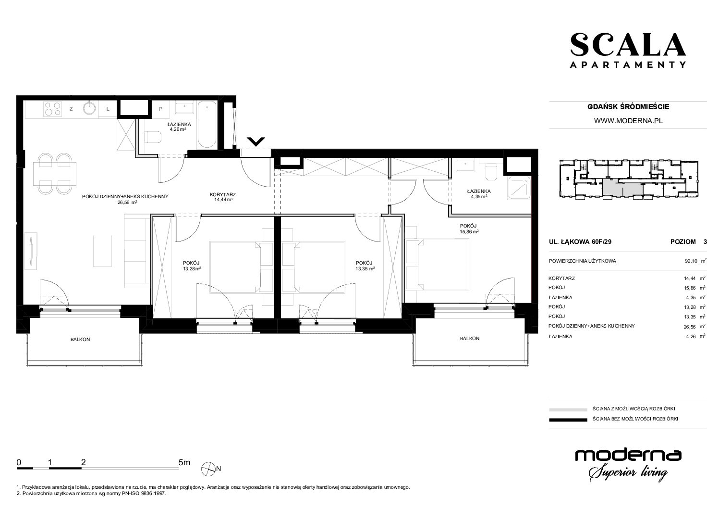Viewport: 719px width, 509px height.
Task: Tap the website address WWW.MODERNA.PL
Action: [628, 121]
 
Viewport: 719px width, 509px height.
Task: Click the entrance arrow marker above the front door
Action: [256, 141]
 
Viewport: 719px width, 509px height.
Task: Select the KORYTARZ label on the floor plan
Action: [223, 194]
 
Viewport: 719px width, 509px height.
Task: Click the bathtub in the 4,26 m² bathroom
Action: [207, 125]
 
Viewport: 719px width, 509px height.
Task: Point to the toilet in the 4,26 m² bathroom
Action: [153, 138]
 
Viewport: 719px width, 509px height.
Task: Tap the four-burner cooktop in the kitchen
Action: [52, 109]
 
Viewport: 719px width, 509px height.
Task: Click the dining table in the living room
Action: [55, 174]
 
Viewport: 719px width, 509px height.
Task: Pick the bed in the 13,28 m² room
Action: [236, 267]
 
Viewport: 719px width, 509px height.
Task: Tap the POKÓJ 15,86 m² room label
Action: [469, 229]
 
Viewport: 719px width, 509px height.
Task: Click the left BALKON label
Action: [80, 339]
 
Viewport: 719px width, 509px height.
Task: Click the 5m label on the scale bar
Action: [184, 462]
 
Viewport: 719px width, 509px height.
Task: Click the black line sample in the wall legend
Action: [568, 420]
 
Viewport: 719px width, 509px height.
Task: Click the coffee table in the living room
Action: [103, 251]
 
